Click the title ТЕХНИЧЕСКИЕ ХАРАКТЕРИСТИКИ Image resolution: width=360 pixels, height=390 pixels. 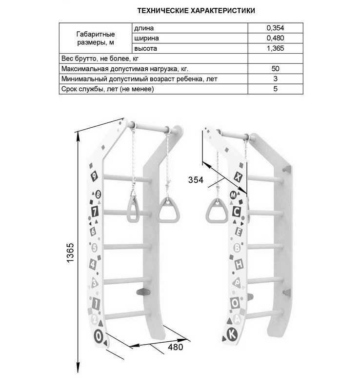[196, 11]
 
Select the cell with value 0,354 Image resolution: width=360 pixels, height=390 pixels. [275, 28]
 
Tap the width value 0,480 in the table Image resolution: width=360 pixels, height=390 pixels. [275, 38]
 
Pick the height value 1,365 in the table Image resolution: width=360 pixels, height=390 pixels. [275, 48]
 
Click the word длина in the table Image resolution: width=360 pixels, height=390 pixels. [144, 28]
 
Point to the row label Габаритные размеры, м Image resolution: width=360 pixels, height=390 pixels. [96, 38]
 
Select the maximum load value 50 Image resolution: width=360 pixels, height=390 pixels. [275, 69]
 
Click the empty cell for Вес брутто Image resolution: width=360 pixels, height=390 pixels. [275, 58]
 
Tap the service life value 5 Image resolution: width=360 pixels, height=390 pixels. [275, 89]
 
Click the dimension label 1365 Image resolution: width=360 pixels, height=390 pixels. [70, 253]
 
